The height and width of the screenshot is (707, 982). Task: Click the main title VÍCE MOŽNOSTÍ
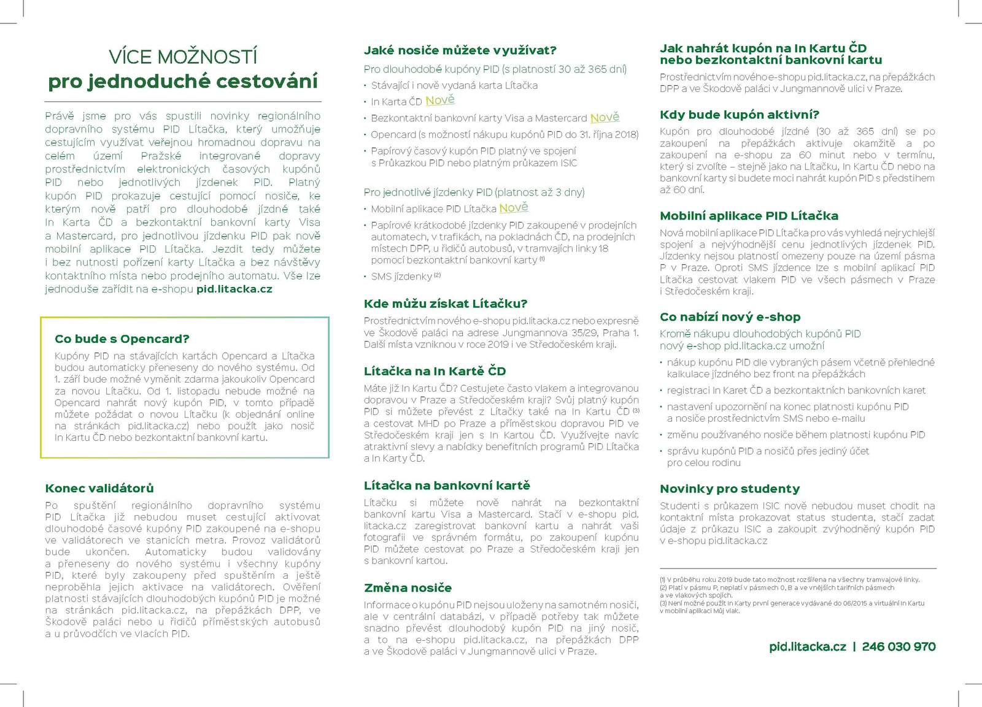coord(183,57)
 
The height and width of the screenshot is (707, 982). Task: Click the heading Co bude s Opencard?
coord(122,339)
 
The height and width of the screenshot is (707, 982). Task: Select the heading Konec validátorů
coord(99,489)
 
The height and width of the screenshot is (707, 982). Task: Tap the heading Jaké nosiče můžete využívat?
coord(460,50)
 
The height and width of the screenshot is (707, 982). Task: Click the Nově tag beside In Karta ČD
coord(440,101)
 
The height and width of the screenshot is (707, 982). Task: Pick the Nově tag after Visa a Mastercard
coord(605,118)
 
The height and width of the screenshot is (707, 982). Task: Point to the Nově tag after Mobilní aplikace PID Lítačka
coord(514,208)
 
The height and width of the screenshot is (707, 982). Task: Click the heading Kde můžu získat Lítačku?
coord(446,304)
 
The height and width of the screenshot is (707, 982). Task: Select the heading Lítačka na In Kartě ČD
coord(435,371)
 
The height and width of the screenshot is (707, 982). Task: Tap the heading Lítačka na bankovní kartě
coord(447,486)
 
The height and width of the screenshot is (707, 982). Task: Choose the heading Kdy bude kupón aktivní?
coord(739,115)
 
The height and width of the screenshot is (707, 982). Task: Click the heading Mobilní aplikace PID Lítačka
coord(749,216)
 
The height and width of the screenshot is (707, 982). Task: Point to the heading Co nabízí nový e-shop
coord(730,317)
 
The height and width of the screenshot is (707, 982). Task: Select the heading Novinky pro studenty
coord(730,489)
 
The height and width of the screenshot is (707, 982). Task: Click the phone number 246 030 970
coord(899,647)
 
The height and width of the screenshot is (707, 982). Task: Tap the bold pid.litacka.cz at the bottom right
coord(807,647)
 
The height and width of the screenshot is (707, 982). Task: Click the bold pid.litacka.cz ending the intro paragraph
coord(234,289)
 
